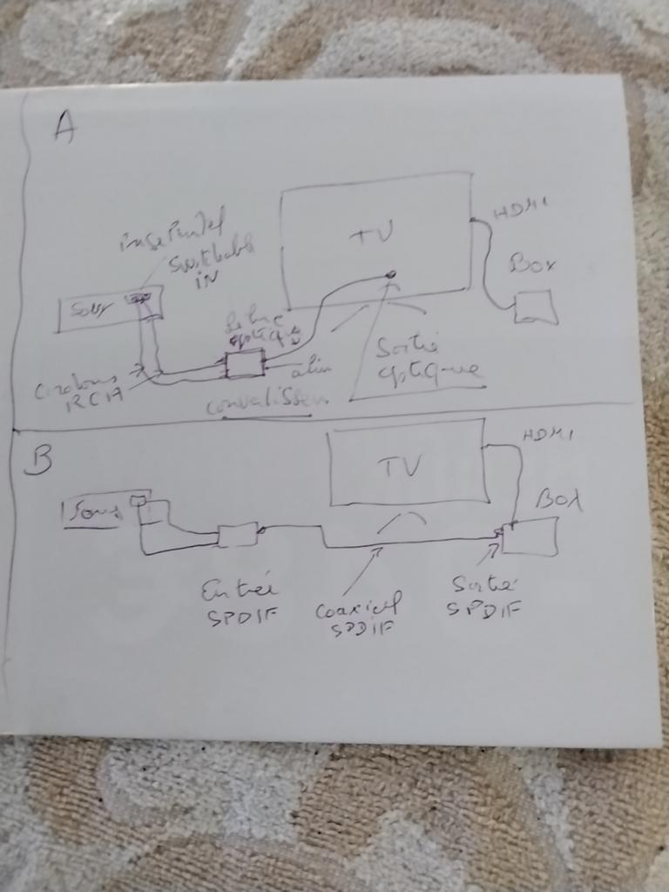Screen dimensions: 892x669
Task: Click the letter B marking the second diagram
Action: click(x=37, y=461)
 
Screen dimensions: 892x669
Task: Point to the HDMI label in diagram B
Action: click(x=546, y=436)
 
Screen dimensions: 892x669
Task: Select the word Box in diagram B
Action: click(x=557, y=500)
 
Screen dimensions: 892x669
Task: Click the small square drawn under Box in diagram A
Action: click(x=536, y=307)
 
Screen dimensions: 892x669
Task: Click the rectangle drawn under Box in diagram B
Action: click(x=530, y=536)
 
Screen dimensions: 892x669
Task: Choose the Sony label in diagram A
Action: click(x=83, y=311)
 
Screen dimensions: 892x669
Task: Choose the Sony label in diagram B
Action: click(x=93, y=513)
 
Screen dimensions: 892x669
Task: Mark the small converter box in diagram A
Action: click(x=245, y=363)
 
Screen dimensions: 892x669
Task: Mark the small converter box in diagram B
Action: click(x=237, y=534)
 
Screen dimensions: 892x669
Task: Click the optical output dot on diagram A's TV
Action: click(x=390, y=275)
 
